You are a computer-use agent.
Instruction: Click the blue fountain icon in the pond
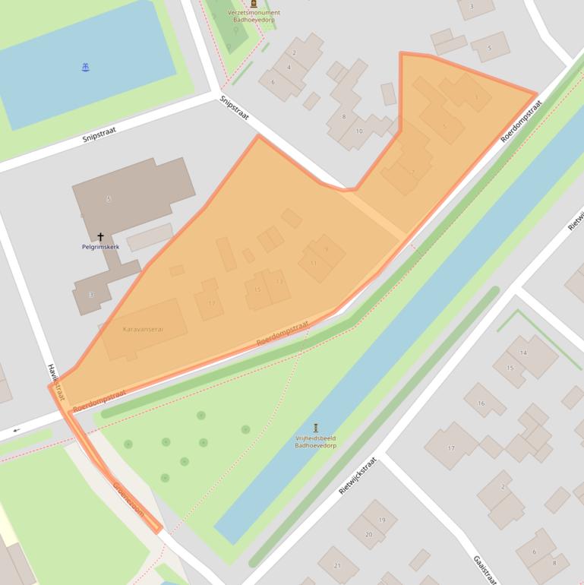85,68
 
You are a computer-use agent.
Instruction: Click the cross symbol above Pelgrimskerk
100,237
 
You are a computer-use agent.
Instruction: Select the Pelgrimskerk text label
100,247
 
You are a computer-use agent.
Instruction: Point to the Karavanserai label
143,329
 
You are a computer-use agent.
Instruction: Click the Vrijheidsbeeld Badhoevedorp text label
316,441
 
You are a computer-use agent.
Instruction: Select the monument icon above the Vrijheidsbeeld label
316,428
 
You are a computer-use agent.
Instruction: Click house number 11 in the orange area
313,263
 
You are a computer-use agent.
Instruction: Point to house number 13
279,281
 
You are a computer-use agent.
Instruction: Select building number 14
523,353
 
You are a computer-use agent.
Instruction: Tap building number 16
481,403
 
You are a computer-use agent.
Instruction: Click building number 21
337,565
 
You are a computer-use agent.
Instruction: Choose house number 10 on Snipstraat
359,131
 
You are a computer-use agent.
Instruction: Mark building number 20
369,534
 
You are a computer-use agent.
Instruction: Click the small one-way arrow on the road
16,431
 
